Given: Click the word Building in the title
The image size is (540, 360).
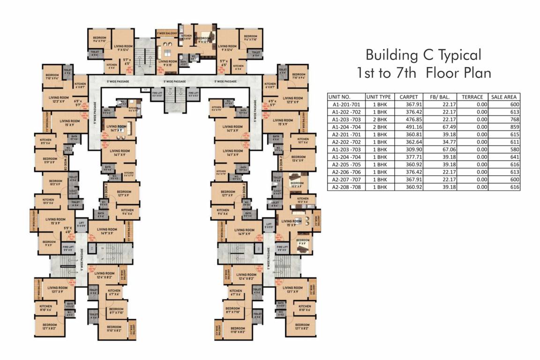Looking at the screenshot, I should [389, 55].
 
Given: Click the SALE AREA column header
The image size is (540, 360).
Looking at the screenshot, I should [504, 97].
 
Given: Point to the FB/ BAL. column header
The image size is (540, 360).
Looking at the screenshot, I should [438, 97].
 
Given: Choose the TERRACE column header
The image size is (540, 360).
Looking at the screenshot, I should [472, 97].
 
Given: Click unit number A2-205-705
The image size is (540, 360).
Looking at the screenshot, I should [345, 164].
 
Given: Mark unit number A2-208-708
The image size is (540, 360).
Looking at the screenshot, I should [345, 187].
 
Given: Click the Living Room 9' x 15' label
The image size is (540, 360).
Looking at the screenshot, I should [167, 63].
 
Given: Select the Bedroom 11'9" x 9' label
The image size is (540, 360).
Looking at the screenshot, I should [50, 160].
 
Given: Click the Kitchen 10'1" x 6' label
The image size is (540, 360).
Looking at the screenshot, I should [303, 141].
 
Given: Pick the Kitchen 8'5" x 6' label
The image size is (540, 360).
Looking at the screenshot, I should [45, 142].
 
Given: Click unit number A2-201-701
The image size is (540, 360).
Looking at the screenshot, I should [345, 134].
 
